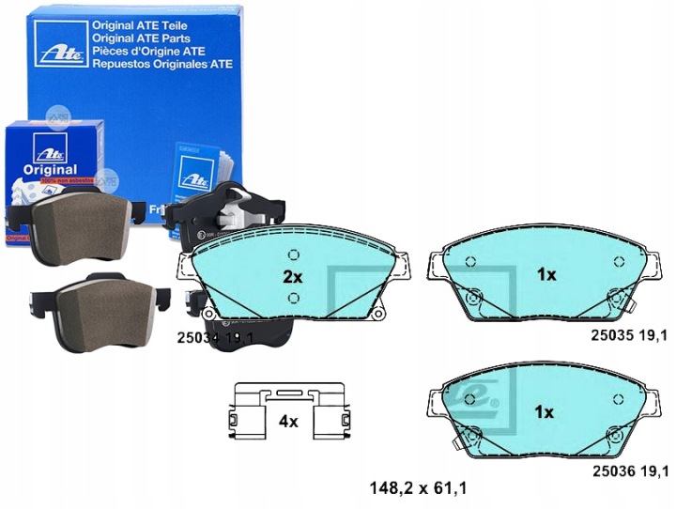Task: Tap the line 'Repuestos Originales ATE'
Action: (x=161, y=65)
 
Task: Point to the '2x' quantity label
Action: (x=293, y=277)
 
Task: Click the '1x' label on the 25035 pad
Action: (x=545, y=275)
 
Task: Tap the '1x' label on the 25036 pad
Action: (x=545, y=411)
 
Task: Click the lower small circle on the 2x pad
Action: (x=293, y=299)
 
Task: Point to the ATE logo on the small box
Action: (x=43, y=148)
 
